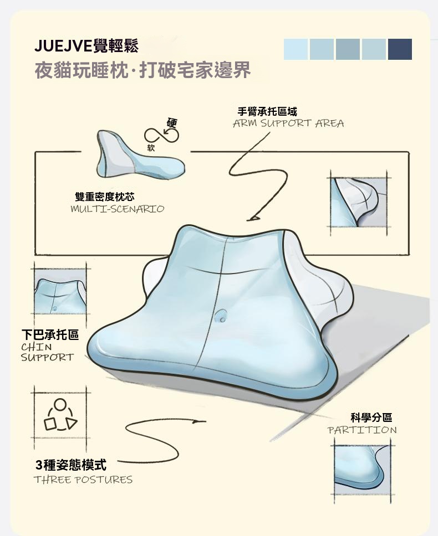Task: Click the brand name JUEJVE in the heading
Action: (x=59, y=46)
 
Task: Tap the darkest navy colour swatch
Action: (x=400, y=49)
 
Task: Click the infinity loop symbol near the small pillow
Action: (x=161, y=136)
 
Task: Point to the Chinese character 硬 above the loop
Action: (x=172, y=123)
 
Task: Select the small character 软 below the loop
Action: (x=151, y=147)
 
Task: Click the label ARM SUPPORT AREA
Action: (x=288, y=123)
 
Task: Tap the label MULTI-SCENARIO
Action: (x=118, y=209)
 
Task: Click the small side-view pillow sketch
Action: (x=141, y=154)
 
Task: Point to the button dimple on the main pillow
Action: (x=221, y=316)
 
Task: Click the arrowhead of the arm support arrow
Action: (x=253, y=218)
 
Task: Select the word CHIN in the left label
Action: (x=36, y=347)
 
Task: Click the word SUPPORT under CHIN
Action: (x=47, y=358)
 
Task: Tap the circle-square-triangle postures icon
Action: (x=60, y=414)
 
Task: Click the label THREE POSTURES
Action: (x=83, y=480)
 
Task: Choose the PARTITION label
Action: (x=362, y=430)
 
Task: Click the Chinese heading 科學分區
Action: (x=371, y=418)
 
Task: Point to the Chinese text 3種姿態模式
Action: (x=71, y=465)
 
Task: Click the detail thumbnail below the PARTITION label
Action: (x=363, y=470)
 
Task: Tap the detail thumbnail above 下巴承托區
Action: (x=60, y=292)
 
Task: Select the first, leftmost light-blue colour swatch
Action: (x=296, y=49)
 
